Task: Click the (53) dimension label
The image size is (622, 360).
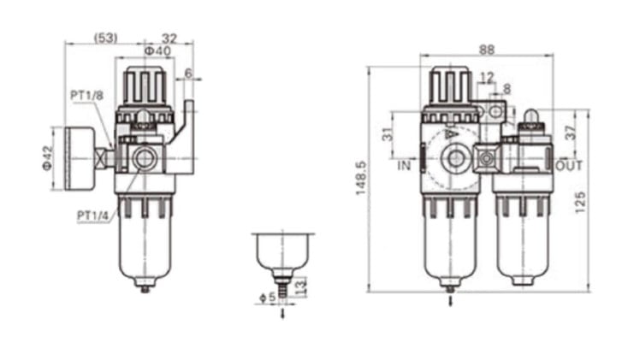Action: click(x=106, y=38)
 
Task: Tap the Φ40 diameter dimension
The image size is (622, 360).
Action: click(x=157, y=50)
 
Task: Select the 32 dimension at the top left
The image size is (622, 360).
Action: click(x=169, y=38)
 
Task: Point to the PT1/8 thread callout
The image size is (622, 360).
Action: click(x=87, y=96)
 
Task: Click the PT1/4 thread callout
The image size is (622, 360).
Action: click(x=92, y=215)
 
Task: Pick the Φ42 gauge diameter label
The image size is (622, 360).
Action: click(x=47, y=158)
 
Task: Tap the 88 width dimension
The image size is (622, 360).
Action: click(x=487, y=50)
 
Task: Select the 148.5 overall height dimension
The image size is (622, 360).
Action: click(x=361, y=178)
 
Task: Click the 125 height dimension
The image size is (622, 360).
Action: click(x=580, y=202)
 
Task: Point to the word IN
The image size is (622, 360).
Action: click(x=404, y=165)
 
